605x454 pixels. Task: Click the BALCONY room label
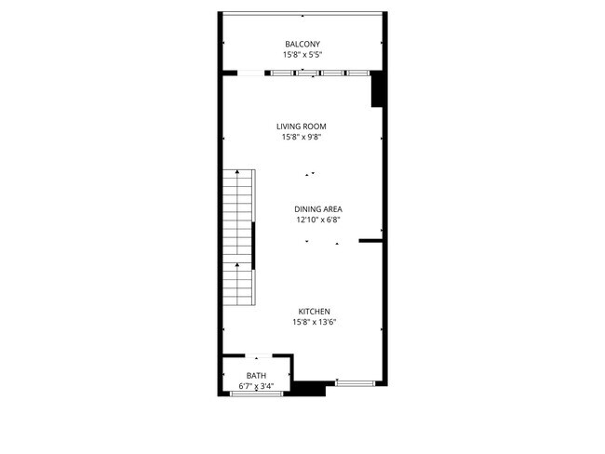(x=302, y=44)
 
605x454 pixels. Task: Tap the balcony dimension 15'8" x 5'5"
(x=302, y=55)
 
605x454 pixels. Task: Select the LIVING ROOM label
(x=301, y=127)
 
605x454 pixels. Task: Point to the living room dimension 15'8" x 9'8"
(x=301, y=138)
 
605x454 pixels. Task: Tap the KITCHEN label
(x=314, y=312)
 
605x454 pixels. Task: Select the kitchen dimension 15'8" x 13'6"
(x=314, y=323)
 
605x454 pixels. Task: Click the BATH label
(x=256, y=375)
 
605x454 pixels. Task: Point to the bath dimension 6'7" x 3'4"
(x=256, y=385)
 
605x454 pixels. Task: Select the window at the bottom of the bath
(x=256, y=394)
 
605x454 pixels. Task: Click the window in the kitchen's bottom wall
(x=355, y=382)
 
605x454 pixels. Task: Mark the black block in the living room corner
(x=378, y=90)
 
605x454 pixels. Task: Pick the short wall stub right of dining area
(x=371, y=241)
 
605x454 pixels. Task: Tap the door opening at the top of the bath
(x=258, y=355)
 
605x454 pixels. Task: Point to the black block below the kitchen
(x=307, y=388)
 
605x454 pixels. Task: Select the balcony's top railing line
(x=302, y=13)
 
